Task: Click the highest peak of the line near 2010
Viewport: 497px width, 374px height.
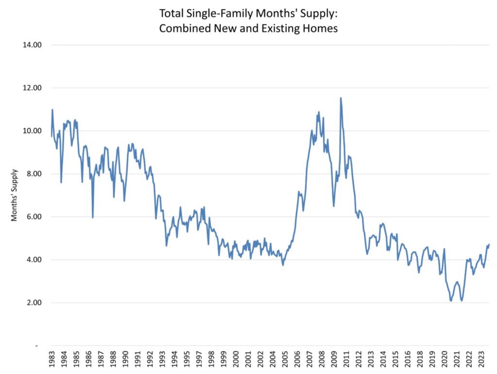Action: pos(341,98)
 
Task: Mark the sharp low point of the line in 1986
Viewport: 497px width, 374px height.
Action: pos(93,217)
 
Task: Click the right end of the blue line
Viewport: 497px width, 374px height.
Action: pos(489,244)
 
